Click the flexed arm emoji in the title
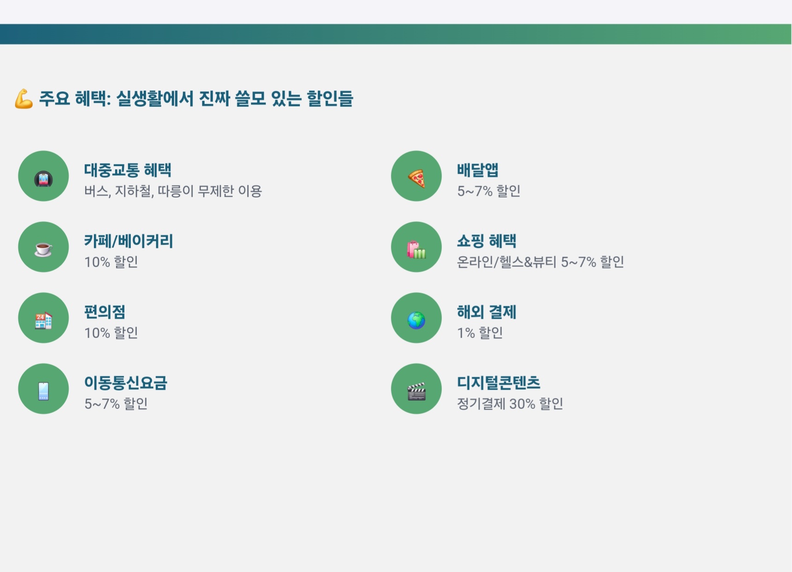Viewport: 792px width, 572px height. click(x=23, y=99)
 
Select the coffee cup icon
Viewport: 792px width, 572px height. click(x=43, y=249)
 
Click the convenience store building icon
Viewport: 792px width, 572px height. click(x=43, y=320)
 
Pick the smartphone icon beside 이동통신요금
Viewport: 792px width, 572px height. click(x=43, y=391)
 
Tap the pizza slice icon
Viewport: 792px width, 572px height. click(x=417, y=178)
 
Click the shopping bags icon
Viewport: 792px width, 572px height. click(x=416, y=250)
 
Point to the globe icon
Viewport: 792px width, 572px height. click(x=416, y=320)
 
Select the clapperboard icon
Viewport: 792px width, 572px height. click(x=417, y=391)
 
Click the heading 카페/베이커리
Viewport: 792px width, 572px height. click(x=129, y=241)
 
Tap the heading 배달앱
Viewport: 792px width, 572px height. click(x=477, y=170)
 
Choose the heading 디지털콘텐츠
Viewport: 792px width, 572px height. click(x=499, y=383)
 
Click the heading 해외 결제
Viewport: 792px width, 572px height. click(x=487, y=312)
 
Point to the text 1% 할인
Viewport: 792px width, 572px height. click(x=480, y=333)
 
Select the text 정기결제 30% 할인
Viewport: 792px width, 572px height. click(x=510, y=404)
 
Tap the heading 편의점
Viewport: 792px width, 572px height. click(x=105, y=312)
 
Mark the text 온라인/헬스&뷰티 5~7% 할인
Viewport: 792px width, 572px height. click(x=540, y=262)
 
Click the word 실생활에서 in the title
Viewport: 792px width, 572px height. click(x=155, y=99)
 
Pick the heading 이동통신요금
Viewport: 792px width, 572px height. click(x=126, y=383)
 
